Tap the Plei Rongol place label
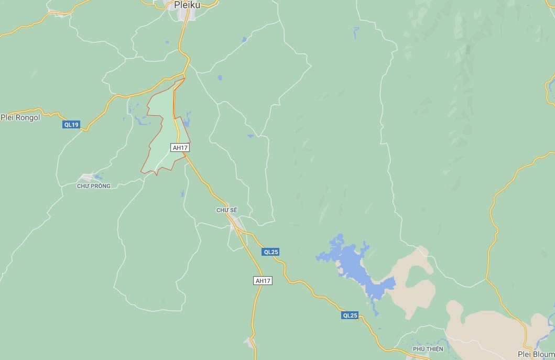pyautogui.click(x=20, y=117)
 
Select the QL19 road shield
pyautogui.click(x=71, y=125)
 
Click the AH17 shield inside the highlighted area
pyautogui.click(x=180, y=148)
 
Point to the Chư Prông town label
pyautogui.click(x=94, y=186)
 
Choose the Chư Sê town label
pyautogui.click(x=227, y=210)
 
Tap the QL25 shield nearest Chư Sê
pyautogui.click(x=271, y=252)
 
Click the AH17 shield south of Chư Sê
pyautogui.click(x=263, y=281)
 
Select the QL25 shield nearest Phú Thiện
pyautogui.click(x=350, y=315)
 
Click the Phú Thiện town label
pyautogui.click(x=428, y=349)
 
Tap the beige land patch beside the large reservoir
pyautogui.click(x=417, y=283)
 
